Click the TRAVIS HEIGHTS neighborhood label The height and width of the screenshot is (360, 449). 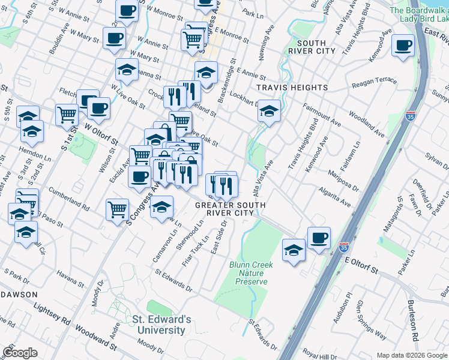(292, 88)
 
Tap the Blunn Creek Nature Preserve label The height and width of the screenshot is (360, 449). (251, 273)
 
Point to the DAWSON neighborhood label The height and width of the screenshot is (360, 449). (19, 295)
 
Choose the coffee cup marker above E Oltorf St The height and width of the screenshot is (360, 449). (319, 238)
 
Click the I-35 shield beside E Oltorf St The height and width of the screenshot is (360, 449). (343, 247)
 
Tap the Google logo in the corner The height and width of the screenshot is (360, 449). (20, 353)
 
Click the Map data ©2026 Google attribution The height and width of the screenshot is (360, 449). (412, 355)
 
